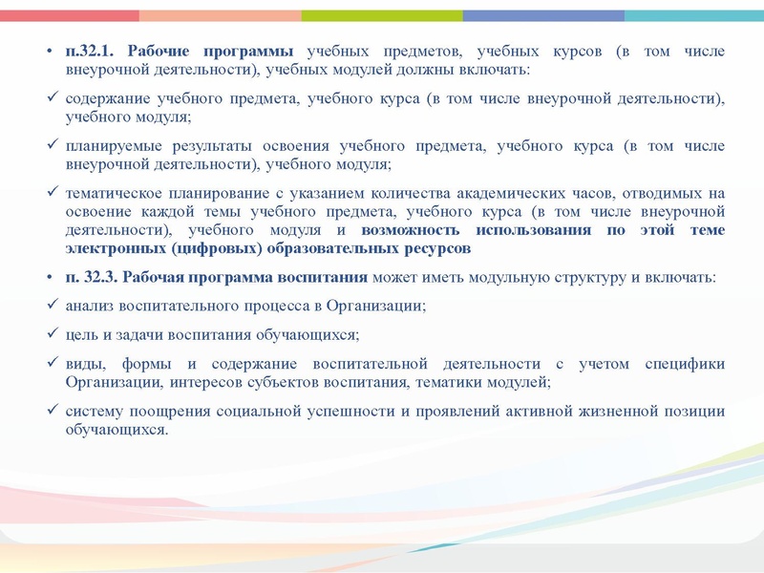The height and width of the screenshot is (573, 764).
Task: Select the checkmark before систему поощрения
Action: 52,411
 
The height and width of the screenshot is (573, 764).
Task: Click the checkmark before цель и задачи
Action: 52,334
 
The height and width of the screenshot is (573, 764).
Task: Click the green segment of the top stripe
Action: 382,15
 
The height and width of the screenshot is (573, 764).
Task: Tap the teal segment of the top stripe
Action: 694,15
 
